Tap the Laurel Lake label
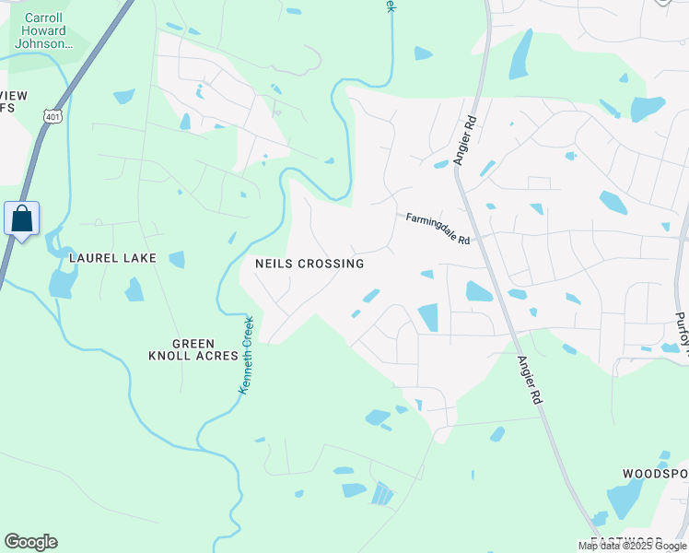(x=112, y=258)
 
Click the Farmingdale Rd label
(x=438, y=229)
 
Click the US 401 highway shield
(x=52, y=115)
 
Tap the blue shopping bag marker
(x=22, y=219)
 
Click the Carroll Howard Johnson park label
(x=44, y=30)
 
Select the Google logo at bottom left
(x=30, y=542)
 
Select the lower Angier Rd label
(x=529, y=382)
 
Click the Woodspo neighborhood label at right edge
(x=655, y=474)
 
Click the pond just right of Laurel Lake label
(x=177, y=259)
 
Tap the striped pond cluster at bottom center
(x=381, y=494)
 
